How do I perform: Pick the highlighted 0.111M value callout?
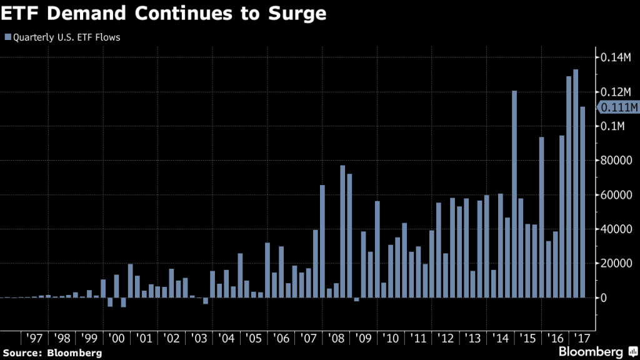tap(619, 108)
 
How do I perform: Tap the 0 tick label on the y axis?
tap(604, 297)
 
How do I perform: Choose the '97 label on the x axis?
tap(34, 338)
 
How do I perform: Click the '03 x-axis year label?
tap(198, 338)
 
